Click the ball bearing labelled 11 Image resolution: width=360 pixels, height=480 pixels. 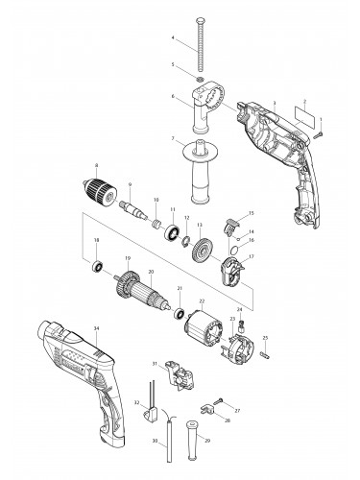pos(176,231)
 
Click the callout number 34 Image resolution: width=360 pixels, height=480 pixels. pos(96,329)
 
